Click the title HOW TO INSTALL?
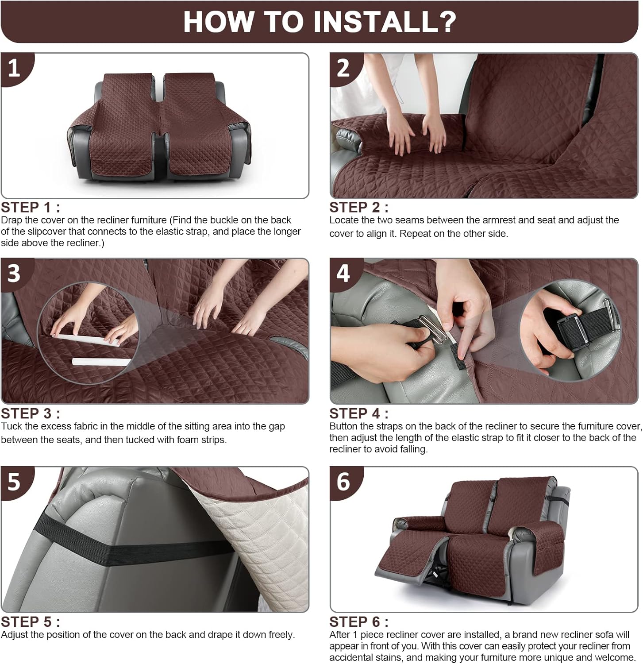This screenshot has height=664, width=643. [x=320, y=21]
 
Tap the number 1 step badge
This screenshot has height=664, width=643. [x=15, y=68]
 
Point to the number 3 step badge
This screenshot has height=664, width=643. [x=15, y=273]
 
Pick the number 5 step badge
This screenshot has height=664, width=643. [x=15, y=481]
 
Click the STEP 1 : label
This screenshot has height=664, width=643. [x=30, y=207]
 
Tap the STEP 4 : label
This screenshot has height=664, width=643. [x=359, y=413]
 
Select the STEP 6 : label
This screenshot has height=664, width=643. [x=359, y=622]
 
